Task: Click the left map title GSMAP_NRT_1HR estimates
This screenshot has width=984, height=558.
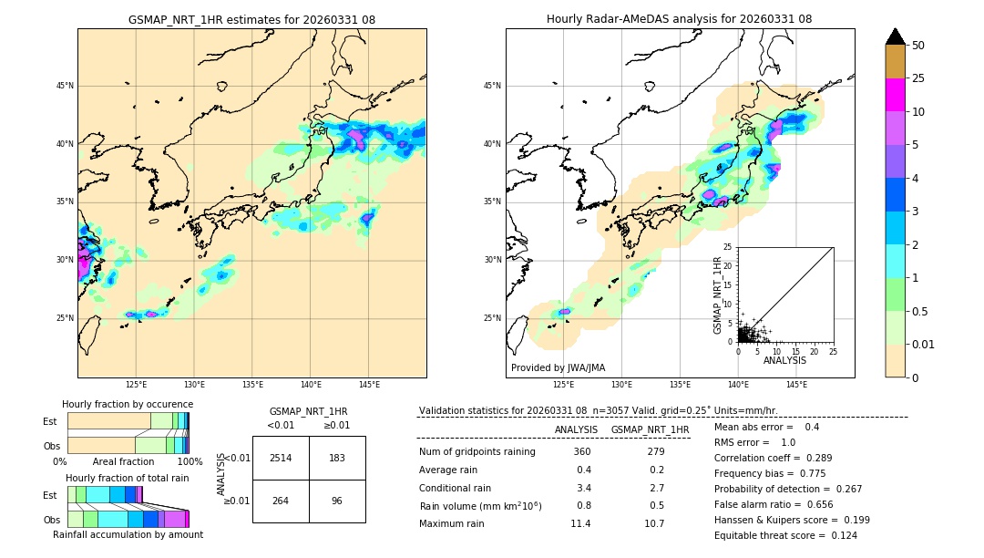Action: coord(251,19)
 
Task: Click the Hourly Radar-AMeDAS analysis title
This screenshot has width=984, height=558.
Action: coord(679,19)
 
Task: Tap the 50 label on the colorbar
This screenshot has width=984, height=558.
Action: coord(918,46)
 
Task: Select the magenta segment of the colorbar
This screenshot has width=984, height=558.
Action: coord(895,95)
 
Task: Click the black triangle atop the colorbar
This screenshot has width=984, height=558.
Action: coord(895,36)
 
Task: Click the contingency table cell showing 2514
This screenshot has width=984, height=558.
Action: coord(281,458)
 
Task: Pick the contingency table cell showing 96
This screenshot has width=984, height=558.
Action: coord(337,501)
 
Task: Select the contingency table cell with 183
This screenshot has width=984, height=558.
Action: coord(337,458)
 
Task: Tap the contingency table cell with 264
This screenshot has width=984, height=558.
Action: coord(281,501)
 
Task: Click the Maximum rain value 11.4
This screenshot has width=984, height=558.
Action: coord(580,523)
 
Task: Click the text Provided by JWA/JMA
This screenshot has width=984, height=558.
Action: coord(558,367)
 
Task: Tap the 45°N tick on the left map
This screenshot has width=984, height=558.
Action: coord(65,86)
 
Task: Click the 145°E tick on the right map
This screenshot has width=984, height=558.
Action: coord(796,385)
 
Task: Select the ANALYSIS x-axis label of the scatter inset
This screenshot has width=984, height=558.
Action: coord(784,360)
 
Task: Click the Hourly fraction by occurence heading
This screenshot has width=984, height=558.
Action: coord(128,404)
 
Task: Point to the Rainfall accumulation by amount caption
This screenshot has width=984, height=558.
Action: coord(128,534)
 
